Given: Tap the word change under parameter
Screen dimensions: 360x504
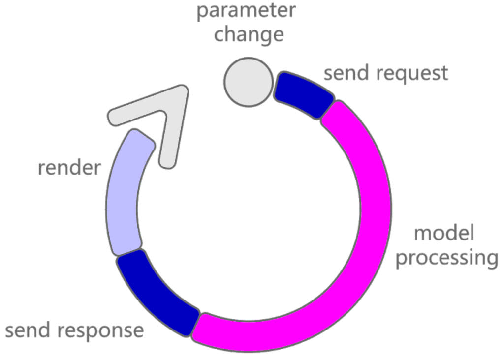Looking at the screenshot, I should pos(249,34).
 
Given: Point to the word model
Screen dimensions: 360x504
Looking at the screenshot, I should pos(444,233).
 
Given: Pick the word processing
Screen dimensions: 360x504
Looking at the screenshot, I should pos(446,258).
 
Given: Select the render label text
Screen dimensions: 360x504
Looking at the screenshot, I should pos(69,168).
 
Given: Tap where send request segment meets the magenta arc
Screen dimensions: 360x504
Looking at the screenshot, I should pos(328,110).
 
